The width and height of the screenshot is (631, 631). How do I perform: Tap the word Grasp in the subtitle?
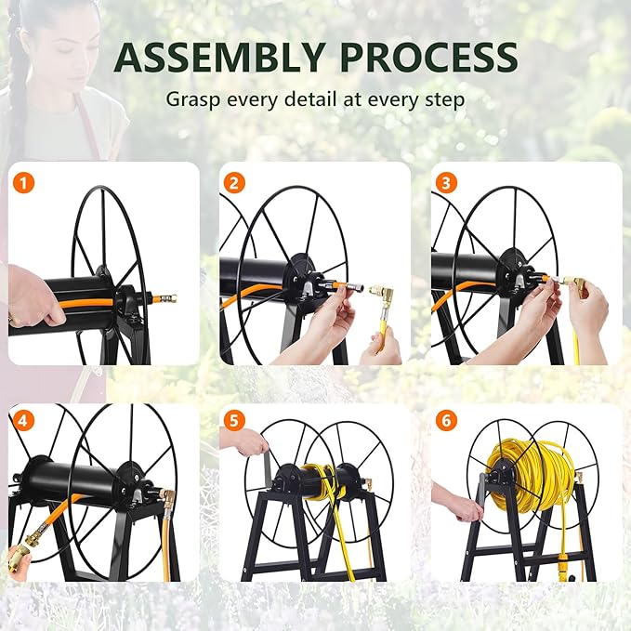click(192, 98)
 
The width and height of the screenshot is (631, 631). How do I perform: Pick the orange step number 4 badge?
click(22, 420)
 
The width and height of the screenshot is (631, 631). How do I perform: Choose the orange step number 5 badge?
click(233, 420)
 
